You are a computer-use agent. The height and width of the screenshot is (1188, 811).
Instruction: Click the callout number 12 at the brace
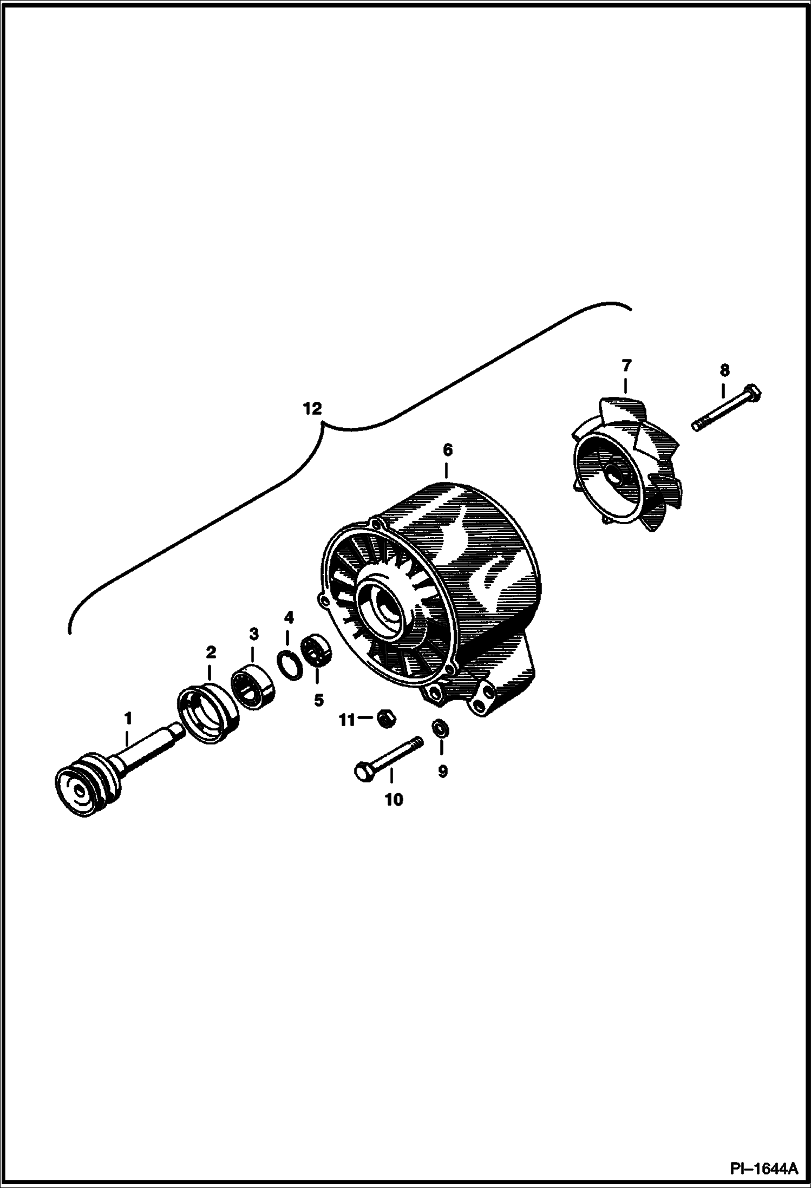[x=312, y=408]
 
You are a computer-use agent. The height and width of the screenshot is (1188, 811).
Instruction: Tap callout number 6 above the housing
[x=447, y=450]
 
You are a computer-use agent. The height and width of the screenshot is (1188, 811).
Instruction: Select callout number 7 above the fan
[x=626, y=366]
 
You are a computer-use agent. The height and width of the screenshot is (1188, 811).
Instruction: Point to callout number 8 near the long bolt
[x=724, y=370]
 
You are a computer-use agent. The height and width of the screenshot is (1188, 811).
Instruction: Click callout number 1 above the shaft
[x=128, y=718]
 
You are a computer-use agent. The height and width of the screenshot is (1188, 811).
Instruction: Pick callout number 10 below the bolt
[x=394, y=799]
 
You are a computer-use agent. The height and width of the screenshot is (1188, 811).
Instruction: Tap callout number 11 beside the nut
[x=346, y=720]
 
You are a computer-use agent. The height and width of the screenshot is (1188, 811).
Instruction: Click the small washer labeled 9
[x=440, y=728]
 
